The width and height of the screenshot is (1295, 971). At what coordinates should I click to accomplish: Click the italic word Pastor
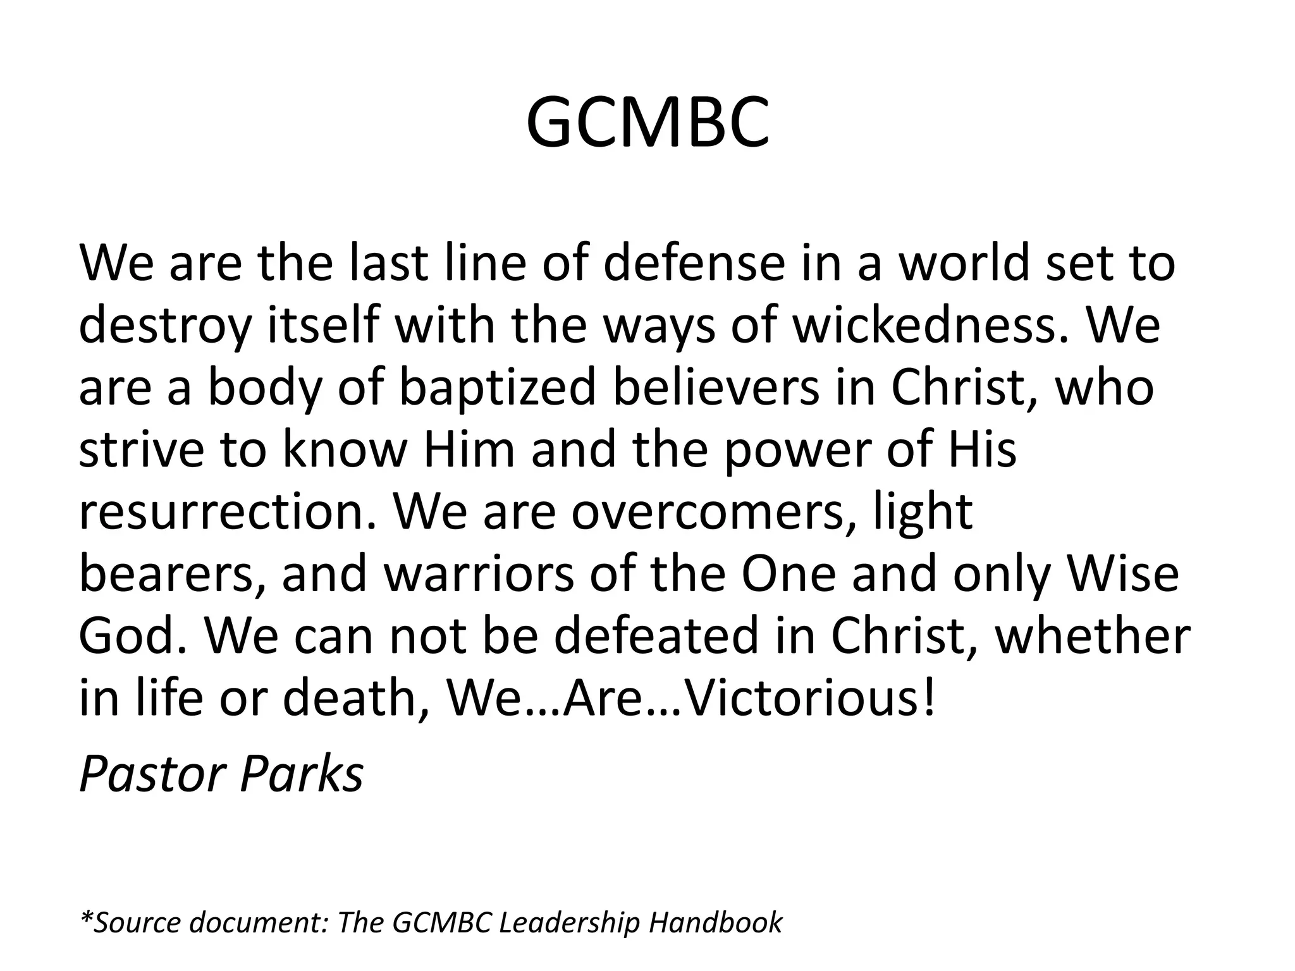click(x=152, y=774)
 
